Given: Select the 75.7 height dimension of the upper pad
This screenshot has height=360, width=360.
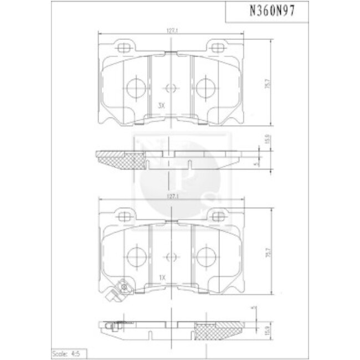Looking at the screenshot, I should pyautogui.click(x=268, y=83).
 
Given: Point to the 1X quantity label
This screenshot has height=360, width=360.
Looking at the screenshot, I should pyautogui.click(x=162, y=275).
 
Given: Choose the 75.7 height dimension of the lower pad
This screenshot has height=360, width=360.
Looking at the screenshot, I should pyautogui.click(x=268, y=253).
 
